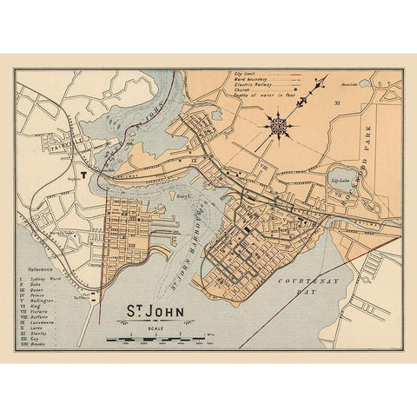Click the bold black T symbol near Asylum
(x=84, y=173)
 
